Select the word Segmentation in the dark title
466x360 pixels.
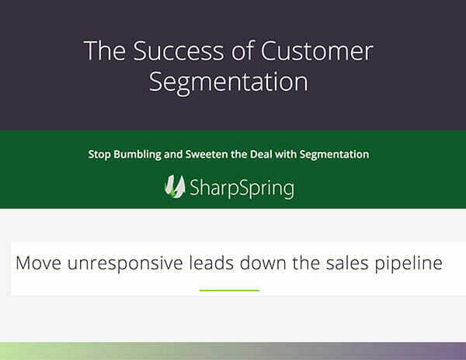coord(228,81)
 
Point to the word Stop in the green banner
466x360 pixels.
coord(100,154)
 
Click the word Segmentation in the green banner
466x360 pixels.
coord(335,154)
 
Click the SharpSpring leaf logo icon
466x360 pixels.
coord(176,186)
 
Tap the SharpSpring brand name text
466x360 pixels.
coord(243,189)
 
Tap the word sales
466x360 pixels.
coord(353,262)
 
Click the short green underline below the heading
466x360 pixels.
coord(229,289)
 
